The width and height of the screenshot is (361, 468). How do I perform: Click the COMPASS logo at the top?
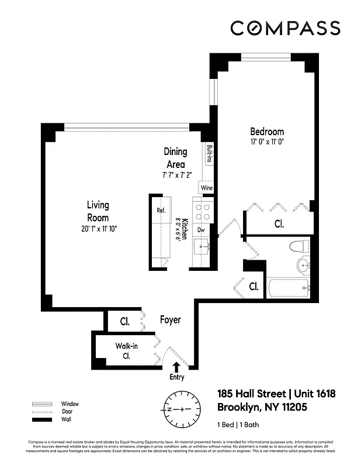pyautogui.click(x=285, y=28)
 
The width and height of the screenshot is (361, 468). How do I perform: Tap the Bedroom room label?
pyautogui.click(x=267, y=132)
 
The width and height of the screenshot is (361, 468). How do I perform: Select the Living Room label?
pyautogui.click(x=98, y=211)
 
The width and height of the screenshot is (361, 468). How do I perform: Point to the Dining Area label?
pyautogui.click(x=175, y=158)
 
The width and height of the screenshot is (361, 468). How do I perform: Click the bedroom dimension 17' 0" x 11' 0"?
pyautogui.click(x=267, y=142)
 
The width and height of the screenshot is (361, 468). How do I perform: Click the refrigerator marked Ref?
pyautogui.click(x=161, y=211)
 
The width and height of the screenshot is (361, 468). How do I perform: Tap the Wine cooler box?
pyautogui.click(x=206, y=188)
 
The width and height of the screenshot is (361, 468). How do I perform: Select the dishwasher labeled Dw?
pyautogui.click(x=200, y=230)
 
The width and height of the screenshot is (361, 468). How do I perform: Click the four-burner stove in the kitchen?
pyautogui.click(x=203, y=211)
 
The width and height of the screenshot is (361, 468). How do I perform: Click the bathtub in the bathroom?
pyautogui.click(x=289, y=287)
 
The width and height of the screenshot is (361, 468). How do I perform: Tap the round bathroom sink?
pyautogui.click(x=303, y=266)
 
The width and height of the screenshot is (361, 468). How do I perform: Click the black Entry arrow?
pyautogui.click(x=176, y=367)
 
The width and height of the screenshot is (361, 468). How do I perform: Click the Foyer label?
pyautogui.click(x=171, y=321)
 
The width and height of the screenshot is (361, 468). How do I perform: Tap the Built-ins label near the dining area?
pyautogui.click(x=209, y=156)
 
